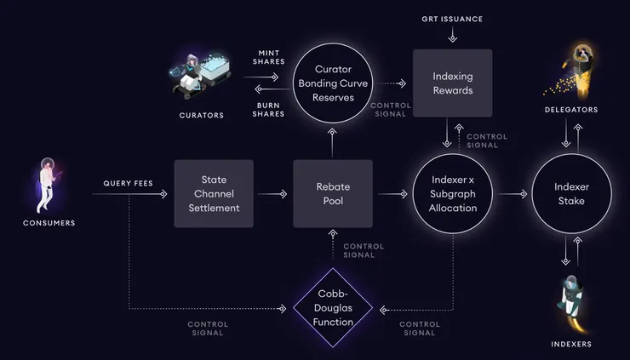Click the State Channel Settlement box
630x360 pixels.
214,194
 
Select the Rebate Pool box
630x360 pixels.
333,194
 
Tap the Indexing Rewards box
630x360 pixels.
452,83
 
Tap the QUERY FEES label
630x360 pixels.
129,183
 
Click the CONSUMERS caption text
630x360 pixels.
49,223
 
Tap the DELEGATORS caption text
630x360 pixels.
571,110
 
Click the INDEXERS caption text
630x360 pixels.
570,344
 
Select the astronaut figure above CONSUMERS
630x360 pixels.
49,181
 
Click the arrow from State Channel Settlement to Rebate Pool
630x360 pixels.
272,194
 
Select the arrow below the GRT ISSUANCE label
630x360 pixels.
452,36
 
